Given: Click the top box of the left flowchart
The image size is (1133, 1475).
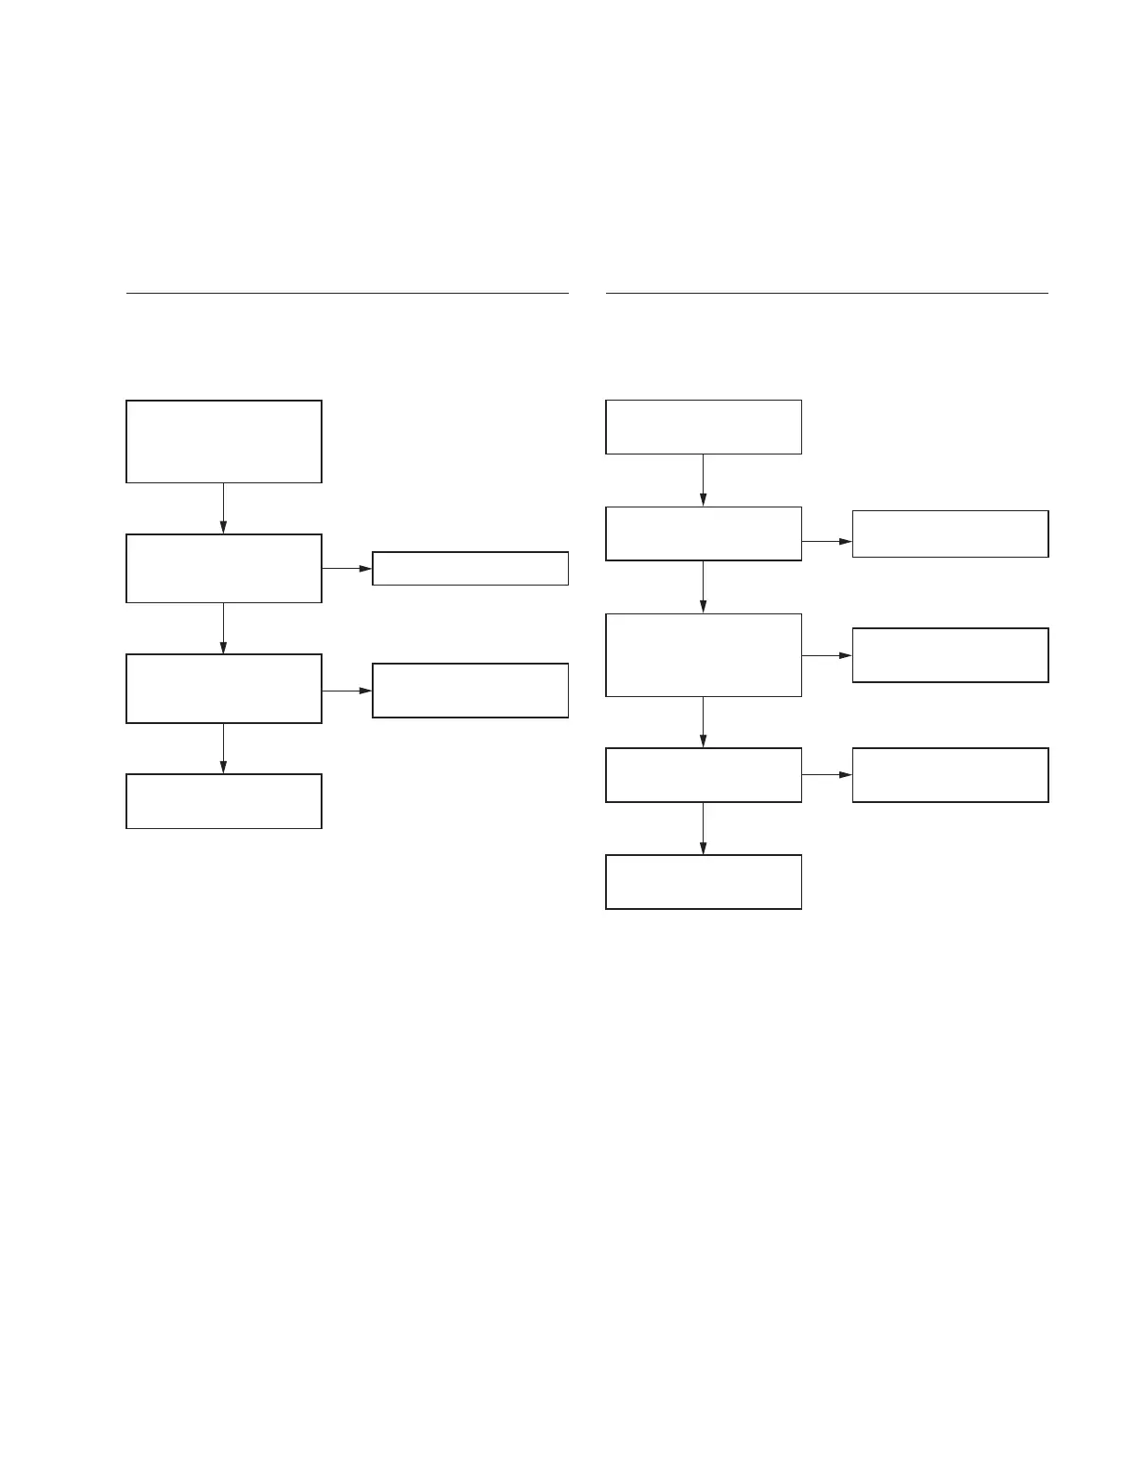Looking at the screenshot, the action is [224, 441].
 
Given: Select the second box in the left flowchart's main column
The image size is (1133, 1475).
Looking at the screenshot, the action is [224, 568].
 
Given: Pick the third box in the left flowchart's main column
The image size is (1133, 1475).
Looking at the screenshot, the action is [224, 689].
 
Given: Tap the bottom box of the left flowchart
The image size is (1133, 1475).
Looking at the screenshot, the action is [224, 801].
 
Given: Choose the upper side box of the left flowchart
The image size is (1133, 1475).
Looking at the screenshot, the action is [470, 568].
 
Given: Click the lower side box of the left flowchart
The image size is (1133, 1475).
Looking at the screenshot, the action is [470, 691].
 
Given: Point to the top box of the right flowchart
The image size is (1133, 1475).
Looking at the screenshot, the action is [704, 427].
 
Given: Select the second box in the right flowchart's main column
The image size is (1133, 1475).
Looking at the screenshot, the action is [704, 533].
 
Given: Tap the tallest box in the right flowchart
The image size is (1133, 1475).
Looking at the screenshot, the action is [704, 655].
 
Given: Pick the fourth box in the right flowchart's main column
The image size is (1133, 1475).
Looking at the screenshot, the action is [704, 775].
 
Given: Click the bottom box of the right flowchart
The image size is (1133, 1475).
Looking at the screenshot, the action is [704, 882].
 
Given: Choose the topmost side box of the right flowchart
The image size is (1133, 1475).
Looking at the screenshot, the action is [950, 533].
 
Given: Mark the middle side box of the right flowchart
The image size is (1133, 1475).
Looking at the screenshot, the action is [950, 655].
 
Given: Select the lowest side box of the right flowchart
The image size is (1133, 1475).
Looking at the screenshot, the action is [950, 775].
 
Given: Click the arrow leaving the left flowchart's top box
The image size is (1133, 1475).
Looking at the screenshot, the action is [223, 508].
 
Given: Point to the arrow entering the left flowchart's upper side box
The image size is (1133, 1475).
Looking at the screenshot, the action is [347, 568].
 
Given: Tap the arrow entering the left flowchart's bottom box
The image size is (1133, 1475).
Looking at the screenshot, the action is [223, 748].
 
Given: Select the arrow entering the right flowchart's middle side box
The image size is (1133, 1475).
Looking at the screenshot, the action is [826, 655].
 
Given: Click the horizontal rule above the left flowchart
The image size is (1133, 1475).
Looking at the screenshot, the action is [347, 293].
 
